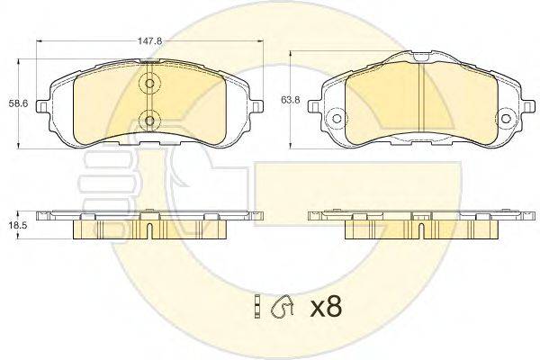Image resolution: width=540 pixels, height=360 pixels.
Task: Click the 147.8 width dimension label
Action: pyautogui.click(x=151, y=40)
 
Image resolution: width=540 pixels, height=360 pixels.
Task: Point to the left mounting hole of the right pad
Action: pyautogui.click(x=337, y=117)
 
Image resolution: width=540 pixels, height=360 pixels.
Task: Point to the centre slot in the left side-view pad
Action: pyautogui.click(x=148, y=230)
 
